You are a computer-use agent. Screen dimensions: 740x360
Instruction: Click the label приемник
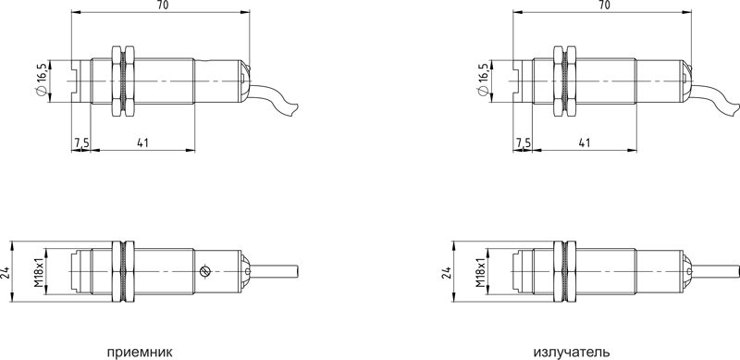[140, 353]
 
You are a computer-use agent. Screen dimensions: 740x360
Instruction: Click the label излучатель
[572, 353]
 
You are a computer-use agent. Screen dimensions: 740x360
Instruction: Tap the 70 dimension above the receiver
[162, 6]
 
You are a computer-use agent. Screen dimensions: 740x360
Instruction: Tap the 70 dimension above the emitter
[604, 6]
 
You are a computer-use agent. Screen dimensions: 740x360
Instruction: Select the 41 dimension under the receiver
[143, 143]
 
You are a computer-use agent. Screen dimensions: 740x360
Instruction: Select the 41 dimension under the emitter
[585, 143]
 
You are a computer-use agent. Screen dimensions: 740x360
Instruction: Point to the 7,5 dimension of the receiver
[81, 143]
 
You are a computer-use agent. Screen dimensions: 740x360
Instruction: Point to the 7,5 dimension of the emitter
[524, 143]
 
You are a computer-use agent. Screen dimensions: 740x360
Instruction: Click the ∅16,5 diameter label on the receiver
[41, 80]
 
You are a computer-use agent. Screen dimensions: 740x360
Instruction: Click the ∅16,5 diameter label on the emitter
[483, 80]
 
